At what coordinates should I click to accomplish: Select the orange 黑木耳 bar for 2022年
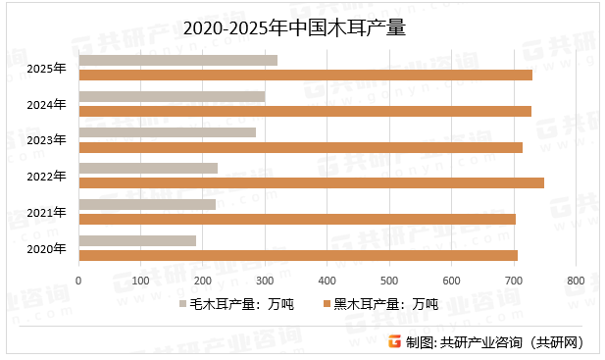point(311,182)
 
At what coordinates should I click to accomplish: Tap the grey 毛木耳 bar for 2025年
point(177,60)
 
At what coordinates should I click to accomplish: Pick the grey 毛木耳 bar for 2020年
point(137,240)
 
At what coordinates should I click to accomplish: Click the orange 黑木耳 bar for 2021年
point(297,219)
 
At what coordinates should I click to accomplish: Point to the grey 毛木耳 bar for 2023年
point(167,132)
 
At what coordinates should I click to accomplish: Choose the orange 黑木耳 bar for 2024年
point(305,111)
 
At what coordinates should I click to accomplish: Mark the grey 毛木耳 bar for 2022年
point(148,169)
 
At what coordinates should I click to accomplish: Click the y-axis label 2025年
point(46,68)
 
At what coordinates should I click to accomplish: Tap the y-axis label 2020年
point(46,248)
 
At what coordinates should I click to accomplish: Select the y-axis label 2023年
point(46,140)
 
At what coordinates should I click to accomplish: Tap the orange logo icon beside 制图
point(394,341)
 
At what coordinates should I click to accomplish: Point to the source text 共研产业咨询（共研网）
point(512,341)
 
